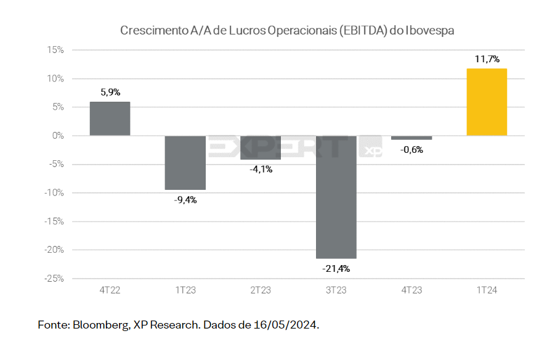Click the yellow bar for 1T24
tap(487, 102)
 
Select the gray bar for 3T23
tap(336, 197)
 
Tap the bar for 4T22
tap(110, 118)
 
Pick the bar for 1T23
tap(185, 163)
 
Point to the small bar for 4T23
tap(411, 137)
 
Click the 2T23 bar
tap(261, 147)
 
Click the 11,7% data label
tap(487, 59)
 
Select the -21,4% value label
tap(336, 269)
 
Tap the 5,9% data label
tap(110, 92)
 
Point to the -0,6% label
tap(411, 150)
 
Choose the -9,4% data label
tap(185, 200)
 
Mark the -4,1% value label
tap(261, 169)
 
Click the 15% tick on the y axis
tap(55, 50)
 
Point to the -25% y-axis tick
tap(54, 279)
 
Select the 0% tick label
tap(58, 136)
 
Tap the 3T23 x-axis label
tap(336, 290)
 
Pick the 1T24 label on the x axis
tap(487, 290)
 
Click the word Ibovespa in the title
tap(430, 31)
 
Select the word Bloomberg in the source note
tap(102, 325)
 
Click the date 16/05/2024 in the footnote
tap(286, 325)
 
